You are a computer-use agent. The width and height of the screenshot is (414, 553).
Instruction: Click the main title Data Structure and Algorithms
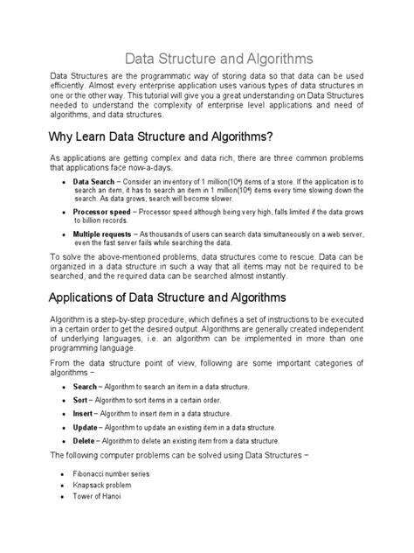207,58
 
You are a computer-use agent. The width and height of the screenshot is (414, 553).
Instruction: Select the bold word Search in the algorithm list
85,386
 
